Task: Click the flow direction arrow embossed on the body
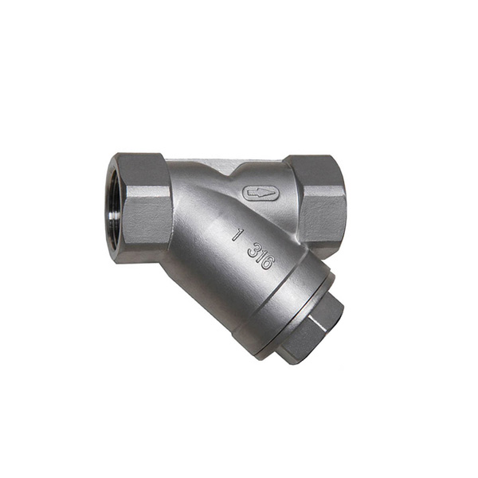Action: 261,194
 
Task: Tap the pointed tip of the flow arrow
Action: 248,193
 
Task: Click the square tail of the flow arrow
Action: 269,194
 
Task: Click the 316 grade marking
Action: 260,256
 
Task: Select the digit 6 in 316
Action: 266,263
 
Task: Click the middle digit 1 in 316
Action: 259,256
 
